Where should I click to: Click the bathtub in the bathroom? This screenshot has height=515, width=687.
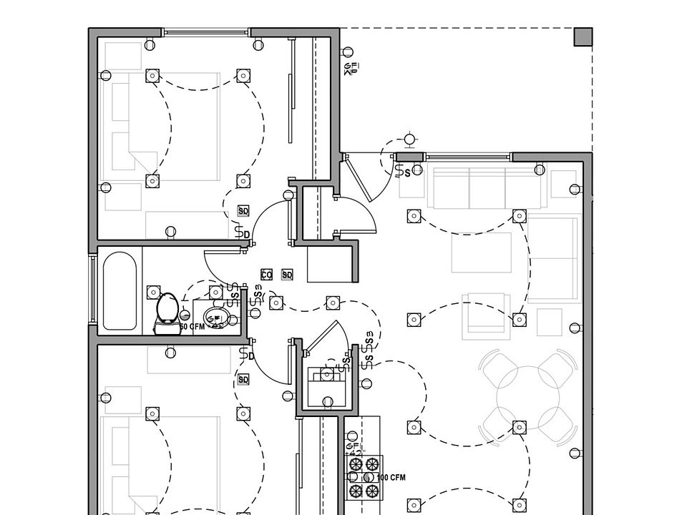pos(119,292)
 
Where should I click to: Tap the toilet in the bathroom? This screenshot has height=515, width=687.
pos(167,312)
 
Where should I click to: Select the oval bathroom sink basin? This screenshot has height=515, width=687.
pos(214,315)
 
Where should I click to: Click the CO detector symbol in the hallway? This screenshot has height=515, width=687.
pos(266,275)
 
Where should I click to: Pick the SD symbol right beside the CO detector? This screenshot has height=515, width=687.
pos(287,275)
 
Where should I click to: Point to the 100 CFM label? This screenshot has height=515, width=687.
pos(391,477)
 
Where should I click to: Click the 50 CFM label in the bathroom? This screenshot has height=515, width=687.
pos(192,326)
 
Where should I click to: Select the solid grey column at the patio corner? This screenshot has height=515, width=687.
pos(583,37)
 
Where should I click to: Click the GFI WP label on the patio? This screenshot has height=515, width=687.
pos(351,69)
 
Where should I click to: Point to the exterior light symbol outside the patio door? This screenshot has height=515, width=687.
pos(409,139)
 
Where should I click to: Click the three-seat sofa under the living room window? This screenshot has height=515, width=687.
pos(487,187)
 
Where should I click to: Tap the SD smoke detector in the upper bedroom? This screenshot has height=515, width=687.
pos(243,211)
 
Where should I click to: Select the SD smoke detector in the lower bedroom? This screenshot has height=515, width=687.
pos(243,379)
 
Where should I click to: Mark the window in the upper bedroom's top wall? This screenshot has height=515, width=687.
pos(207,32)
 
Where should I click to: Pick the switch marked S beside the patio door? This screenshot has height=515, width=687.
pos(407,172)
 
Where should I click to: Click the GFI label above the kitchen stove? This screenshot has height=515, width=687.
pos(352,449)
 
